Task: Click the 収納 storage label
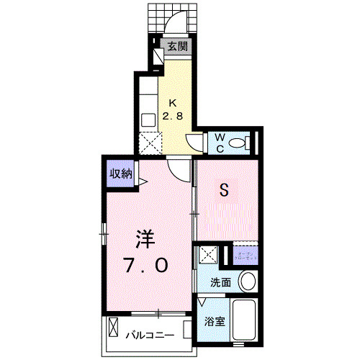(120, 173)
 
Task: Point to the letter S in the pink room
(224, 190)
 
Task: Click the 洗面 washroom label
(220, 282)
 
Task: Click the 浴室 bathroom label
(216, 322)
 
